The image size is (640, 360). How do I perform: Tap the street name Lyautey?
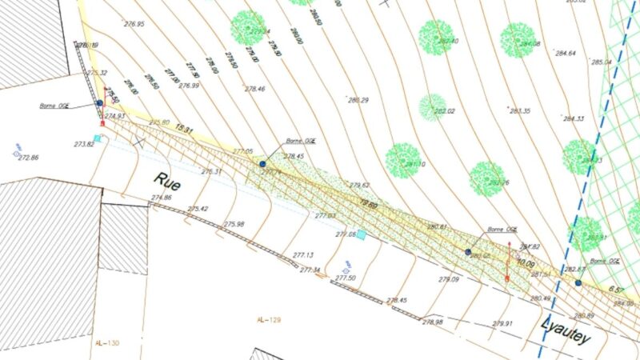pos(566,330)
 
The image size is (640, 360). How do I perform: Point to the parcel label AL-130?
pos(107,343)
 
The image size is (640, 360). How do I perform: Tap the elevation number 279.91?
pos(502,324)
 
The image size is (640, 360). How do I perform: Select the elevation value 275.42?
pos(198,209)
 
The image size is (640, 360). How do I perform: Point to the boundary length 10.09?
pos(525,262)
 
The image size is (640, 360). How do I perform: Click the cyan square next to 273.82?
pos(98,138)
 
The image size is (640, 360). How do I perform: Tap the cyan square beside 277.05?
pos(361,234)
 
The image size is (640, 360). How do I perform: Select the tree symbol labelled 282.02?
pos(433,105)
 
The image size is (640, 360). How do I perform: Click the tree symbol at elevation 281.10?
pos(403,160)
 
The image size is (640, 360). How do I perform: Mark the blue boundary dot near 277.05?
pos(262,163)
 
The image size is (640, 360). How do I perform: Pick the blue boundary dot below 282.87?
pos(578,282)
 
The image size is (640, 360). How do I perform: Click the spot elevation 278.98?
pos(433,322)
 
